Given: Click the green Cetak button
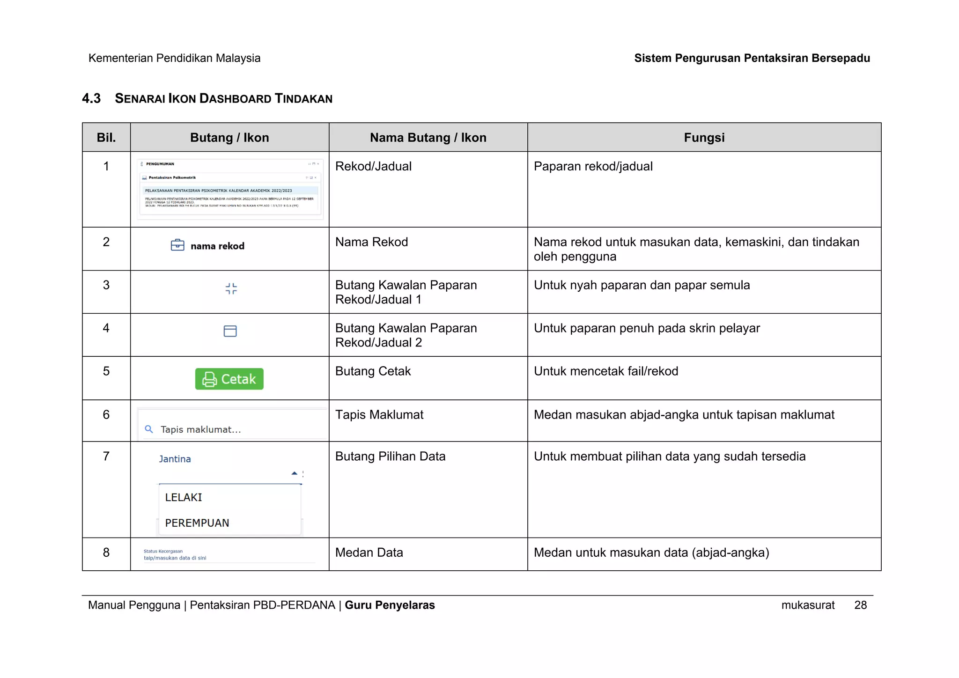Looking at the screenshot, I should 229,379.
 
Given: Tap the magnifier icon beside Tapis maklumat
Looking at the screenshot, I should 149,429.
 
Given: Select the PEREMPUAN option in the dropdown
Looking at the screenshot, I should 197,523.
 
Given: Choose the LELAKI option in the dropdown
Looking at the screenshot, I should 184,497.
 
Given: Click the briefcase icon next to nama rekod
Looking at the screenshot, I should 177,245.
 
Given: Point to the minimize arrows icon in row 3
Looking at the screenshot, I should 231,288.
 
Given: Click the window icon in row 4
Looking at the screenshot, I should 230,331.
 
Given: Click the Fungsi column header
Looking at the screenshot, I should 704,138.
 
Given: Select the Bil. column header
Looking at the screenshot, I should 106,138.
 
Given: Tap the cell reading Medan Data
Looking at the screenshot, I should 369,553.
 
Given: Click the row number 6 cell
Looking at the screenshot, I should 106,414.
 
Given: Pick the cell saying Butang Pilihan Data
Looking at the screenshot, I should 390,457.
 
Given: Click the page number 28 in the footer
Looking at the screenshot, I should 860,605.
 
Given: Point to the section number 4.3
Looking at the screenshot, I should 91,98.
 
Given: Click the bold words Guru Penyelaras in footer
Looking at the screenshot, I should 390,605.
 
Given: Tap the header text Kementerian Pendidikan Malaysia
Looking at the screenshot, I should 174,58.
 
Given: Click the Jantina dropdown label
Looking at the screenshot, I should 175,459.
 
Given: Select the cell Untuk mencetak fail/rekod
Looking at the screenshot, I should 606,371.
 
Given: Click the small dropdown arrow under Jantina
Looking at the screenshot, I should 294,473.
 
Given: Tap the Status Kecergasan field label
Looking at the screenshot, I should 163,551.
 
